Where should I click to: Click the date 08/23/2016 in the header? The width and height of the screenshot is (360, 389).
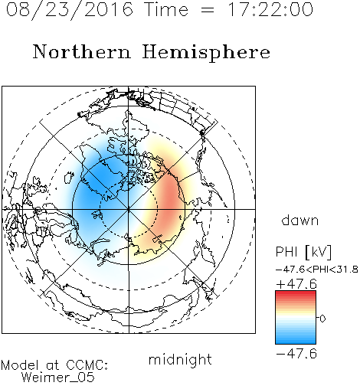(x=70, y=10)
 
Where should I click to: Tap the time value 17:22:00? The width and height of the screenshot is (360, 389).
(x=270, y=9)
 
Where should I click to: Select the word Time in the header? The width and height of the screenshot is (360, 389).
(x=166, y=9)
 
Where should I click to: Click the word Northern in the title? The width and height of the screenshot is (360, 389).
(x=82, y=52)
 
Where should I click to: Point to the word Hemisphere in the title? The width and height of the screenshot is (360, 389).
(x=206, y=53)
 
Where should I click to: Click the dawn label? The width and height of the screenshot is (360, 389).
(x=300, y=220)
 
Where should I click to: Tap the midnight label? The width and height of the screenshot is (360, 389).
(x=180, y=359)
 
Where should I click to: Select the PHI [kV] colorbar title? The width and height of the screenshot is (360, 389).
(x=303, y=252)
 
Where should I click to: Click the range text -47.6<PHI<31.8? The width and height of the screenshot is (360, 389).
(x=317, y=270)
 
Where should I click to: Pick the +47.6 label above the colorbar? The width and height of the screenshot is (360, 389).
(x=296, y=284)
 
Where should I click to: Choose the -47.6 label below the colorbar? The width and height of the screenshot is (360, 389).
(x=296, y=354)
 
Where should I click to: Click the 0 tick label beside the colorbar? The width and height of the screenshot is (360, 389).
(x=322, y=319)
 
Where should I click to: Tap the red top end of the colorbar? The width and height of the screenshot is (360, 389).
(x=296, y=293)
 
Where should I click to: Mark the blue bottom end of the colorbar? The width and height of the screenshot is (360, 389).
(x=296, y=342)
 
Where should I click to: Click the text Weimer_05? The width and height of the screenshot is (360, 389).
(x=58, y=378)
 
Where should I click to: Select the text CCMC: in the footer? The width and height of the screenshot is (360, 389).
(x=87, y=365)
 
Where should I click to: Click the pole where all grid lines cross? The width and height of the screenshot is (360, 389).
(x=129, y=209)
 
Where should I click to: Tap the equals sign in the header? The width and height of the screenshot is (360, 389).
(x=208, y=10)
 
